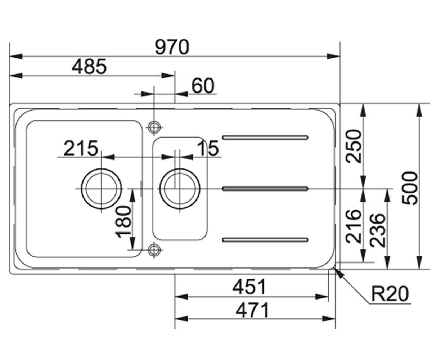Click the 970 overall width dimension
pos(172,47)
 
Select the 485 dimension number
pos(89,67)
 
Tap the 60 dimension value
pos(203,86)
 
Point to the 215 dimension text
pos(81,148)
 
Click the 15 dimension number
pos(208,148)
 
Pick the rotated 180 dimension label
pos(123,222)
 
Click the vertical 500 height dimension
pos(410,188)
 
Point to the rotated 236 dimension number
pos(377,231)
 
